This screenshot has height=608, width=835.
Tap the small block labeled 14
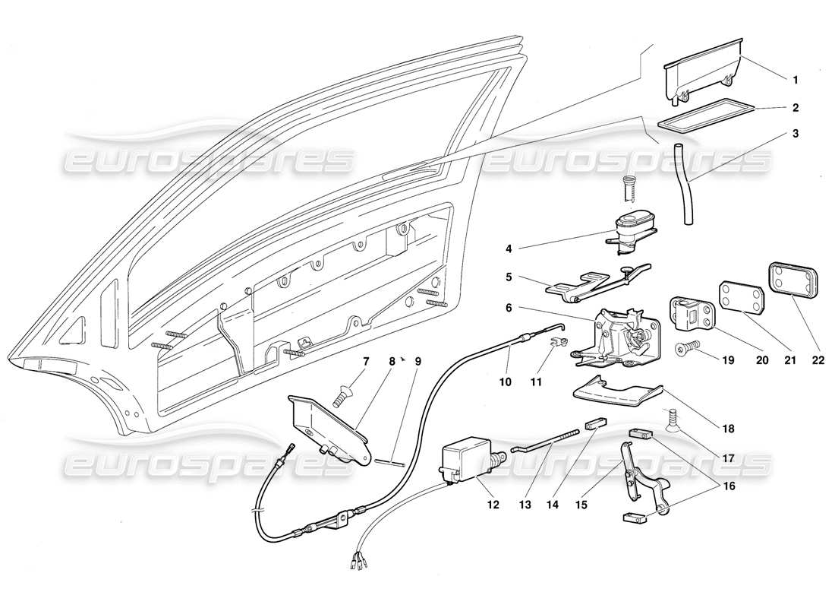click(594, 423)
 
